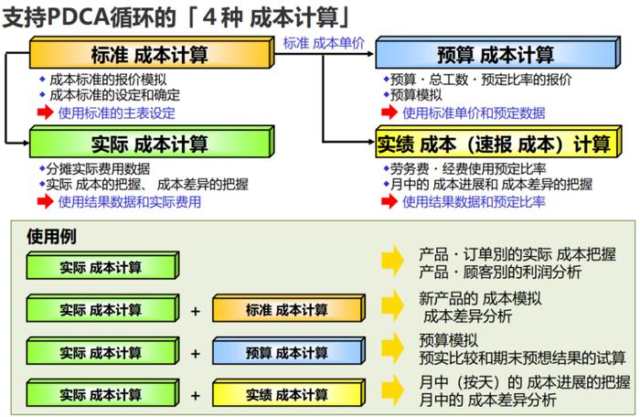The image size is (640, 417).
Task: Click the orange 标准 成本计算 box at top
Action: (152, 53)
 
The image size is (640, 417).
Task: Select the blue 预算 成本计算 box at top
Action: (498, 53)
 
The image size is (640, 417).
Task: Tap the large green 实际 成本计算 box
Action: (152, 142)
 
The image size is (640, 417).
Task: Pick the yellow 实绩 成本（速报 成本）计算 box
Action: (498, 142)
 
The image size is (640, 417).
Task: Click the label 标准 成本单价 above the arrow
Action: (324, 43)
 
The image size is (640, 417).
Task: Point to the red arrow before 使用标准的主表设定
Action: (46, 112)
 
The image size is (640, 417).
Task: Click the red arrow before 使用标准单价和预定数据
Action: (389, 112)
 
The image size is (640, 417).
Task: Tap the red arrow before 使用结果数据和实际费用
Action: (46, 201)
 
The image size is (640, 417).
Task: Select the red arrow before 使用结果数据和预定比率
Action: (389, 201)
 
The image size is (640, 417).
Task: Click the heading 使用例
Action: (51, 237)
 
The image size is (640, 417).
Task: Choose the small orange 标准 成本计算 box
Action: (289, 308)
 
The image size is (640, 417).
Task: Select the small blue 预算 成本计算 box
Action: (289, 350)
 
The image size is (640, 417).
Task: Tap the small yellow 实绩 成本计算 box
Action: (289, 393)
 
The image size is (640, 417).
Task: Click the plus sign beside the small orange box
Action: (196, 311)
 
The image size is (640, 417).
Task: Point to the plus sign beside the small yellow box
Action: (196, 395)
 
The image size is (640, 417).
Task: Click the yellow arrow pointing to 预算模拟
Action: (392, 348)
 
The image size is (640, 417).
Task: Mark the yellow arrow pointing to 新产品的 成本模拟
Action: (392, 305)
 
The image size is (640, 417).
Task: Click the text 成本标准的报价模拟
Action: (108, 80)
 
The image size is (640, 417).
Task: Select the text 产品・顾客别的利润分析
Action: (500, 272)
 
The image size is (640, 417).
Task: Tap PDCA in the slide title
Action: (78, 17)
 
